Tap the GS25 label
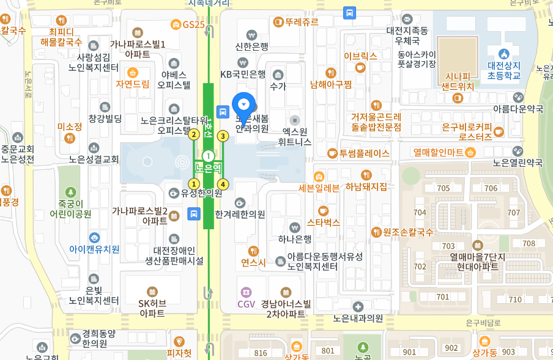(x=193, y=24)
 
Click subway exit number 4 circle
(x=223, y=184)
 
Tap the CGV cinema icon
(x=246, y=292)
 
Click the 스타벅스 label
(x=323, y=222)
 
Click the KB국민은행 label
(x=243, y=75)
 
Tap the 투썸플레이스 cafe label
(x=365, y=153)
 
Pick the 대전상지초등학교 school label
(x=504, y=70)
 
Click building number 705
(x=444, y=188)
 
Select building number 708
(x=529, y=243)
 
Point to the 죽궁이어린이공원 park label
(x=70, y=208)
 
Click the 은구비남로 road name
(x=483, y=322)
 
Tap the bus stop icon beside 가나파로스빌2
(x=194, y=213)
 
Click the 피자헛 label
(x=179, y=353)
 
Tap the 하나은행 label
(x=295, y=238)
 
